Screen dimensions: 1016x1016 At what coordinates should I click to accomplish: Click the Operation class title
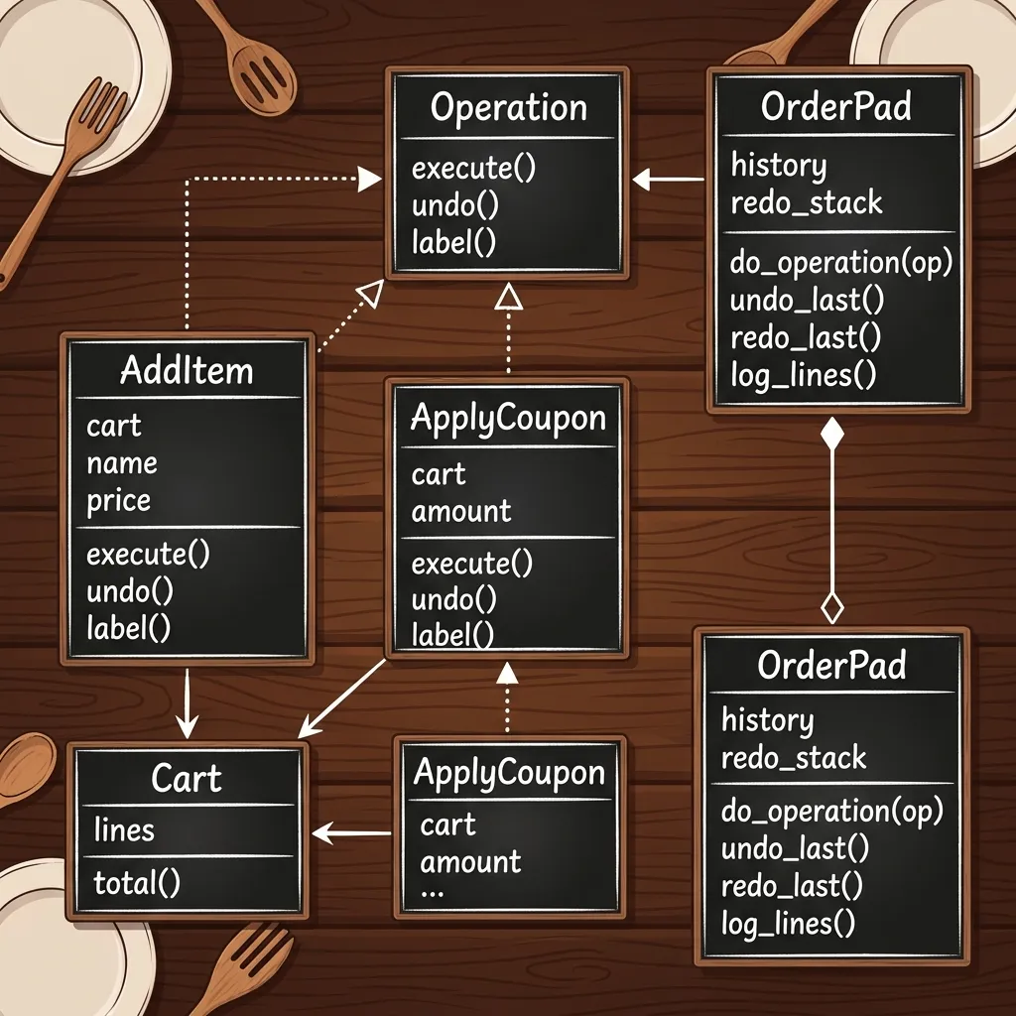click(x=509, y=107)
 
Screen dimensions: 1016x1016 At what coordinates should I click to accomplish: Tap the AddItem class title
click(x=187, y=371)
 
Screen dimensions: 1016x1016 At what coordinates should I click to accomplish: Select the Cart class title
click(x=187, y=778)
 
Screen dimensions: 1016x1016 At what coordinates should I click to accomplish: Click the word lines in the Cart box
click(x=124, y=829)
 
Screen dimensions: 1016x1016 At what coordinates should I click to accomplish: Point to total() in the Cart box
click(x=137, y=882)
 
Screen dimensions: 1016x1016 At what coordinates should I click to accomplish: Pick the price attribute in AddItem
click(x=119, y=501)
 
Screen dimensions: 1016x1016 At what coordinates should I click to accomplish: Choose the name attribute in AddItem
click(x=122, y=462)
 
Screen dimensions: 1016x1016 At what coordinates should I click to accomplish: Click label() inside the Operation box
click(x=453, y=242)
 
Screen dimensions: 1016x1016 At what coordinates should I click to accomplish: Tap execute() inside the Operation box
click(x=473, y=168)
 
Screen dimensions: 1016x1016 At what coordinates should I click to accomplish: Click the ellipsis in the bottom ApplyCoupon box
click(x=433, y=893)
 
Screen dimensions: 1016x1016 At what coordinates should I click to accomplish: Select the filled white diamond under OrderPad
click(x=832, y=434)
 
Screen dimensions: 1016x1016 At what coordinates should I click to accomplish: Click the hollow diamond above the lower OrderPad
click(x=832, y=608)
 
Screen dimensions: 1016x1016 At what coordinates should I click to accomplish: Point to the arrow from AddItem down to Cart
click(x=188, y=703)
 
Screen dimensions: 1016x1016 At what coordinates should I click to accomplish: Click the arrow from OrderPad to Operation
click(x=668, y=179)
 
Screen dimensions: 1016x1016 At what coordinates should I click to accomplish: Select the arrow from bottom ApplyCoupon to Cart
click(x=352, y=832)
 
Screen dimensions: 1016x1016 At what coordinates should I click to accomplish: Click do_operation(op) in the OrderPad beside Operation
click(x=841, y=262)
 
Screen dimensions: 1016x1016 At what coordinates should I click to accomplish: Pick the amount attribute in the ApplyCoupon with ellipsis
click(x=470, y=861)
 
